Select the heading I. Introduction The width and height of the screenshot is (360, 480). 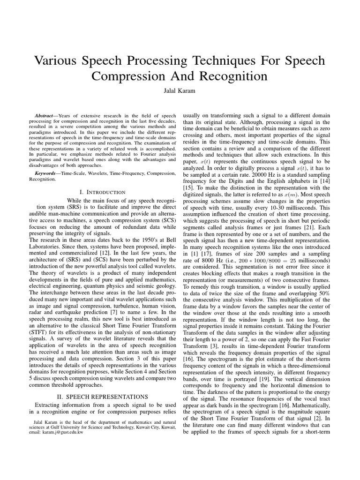click(103, 192)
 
